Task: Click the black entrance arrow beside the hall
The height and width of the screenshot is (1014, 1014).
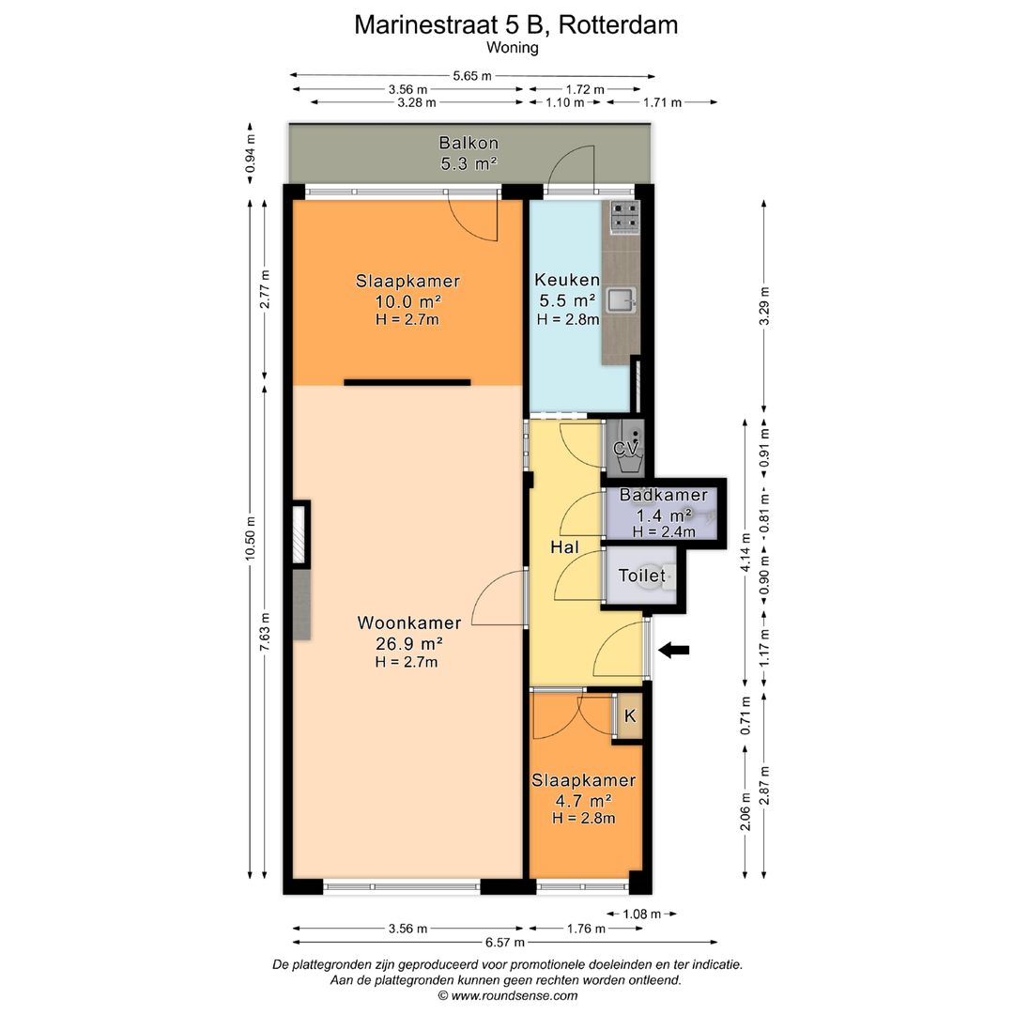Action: (x=673, y=650)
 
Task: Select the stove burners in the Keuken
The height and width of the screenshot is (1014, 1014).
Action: (x=624, y=218)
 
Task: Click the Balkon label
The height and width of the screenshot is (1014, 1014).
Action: (x=468, y=144)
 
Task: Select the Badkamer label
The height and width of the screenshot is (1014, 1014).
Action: (x=663, y=496)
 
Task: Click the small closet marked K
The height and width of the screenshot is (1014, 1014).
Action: (x=630, y=716)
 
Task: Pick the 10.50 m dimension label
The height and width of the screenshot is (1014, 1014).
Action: (x=251, y=537)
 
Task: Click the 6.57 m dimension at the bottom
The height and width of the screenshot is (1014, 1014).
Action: (x=505, y=942)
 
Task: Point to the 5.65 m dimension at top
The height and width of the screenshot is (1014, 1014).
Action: (x=471, y=76)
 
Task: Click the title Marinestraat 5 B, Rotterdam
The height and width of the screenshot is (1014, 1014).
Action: (x=515, y=25)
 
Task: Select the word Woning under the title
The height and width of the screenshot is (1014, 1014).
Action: (x=513, y=48)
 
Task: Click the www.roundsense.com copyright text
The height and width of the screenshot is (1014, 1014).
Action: (x=507, y=995)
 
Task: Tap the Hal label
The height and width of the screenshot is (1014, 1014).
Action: (x=563, y=547)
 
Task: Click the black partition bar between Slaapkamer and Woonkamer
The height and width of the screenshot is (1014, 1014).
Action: (x=407, y=382)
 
